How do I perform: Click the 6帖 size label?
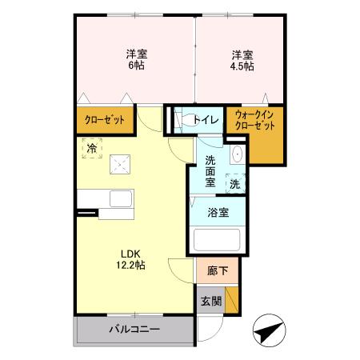click(135, 66)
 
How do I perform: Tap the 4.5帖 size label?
click(242, 66)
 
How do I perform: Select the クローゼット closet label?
click(105, 120)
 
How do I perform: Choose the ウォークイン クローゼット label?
click(254, 120)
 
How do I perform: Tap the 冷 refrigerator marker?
click(92, 148)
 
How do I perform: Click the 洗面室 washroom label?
click(210, 170)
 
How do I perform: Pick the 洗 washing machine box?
click(235, 182)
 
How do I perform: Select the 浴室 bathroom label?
click(218, 213)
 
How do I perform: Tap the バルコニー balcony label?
click(134, 330)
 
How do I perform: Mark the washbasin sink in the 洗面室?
click(237, 154)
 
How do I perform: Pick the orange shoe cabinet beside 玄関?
click(231, 301)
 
